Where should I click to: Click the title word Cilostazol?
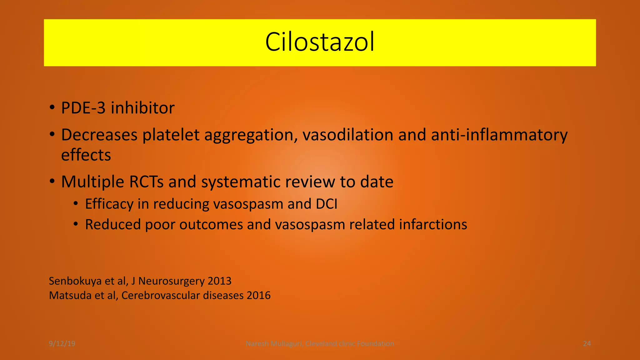pos(320,42)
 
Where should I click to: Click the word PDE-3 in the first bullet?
pos(83,108)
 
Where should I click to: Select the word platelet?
pos(171,135)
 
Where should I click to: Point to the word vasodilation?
pos(348,135)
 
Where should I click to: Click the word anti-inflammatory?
pos(499,135)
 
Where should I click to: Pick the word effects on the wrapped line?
pos(86,155)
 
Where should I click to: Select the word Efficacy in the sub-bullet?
pos(109,204)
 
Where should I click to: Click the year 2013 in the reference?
pos(219,281)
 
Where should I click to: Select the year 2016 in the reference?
pos(258,295)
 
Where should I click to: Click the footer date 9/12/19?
pos(62,344)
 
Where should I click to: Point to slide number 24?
pos(587,344)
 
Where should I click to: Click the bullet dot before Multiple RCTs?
pos(52,181)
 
